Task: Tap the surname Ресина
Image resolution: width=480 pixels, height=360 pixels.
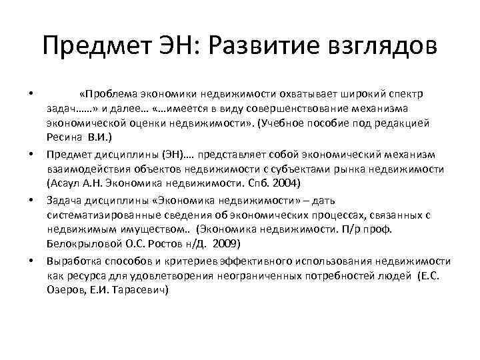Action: coord(63,137)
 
